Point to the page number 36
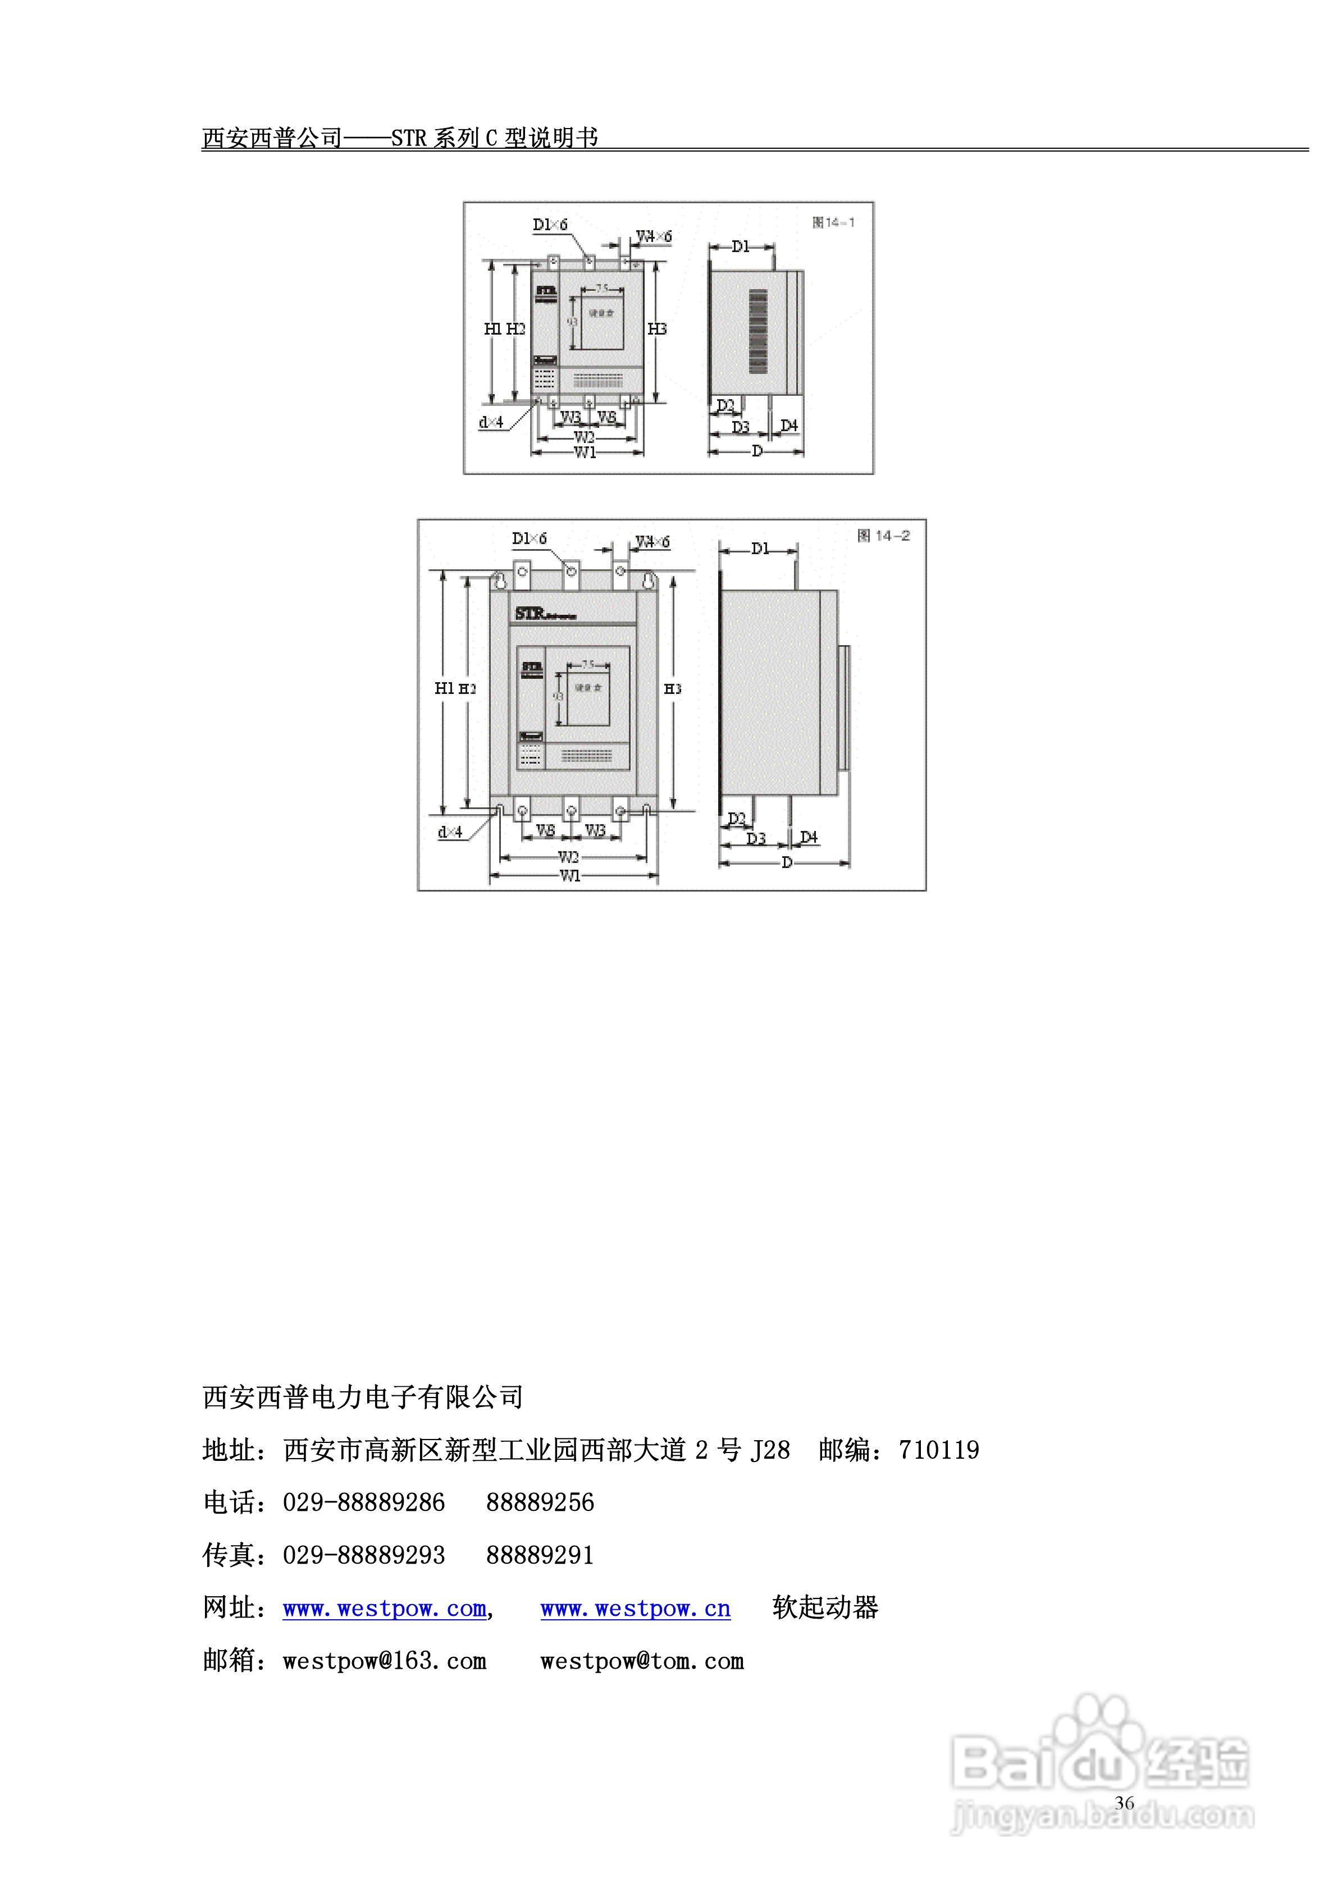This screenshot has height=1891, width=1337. coord(1125,1803)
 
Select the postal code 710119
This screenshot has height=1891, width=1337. coord(939,1450)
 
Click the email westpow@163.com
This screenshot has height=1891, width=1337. coord(384,1661)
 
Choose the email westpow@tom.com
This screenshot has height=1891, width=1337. coord(642,1661)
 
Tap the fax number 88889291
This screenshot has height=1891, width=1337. coord(540,1555)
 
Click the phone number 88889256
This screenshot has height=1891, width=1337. coord(540,1502)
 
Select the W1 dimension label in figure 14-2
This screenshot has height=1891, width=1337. coord(570,875)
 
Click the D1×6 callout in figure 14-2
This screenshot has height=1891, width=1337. coord(529,538)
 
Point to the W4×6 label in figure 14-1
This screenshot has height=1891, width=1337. coord(654,236)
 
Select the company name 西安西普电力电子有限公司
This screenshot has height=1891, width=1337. coord(362,1397)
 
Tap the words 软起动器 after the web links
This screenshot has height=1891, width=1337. coord(825,1607)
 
